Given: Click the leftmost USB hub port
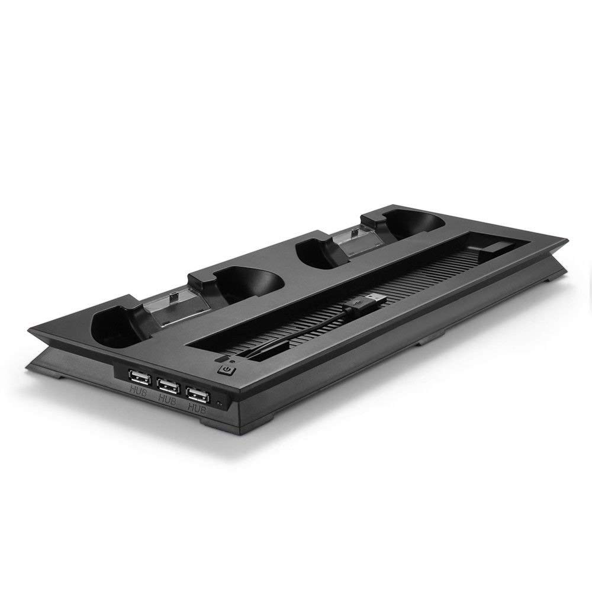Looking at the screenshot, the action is (x=140, y=377).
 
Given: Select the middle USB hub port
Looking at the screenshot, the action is (x=168, y=385).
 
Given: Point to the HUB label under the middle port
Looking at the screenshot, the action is (x=168, y=399).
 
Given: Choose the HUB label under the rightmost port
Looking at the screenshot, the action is (x=197, y=408).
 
